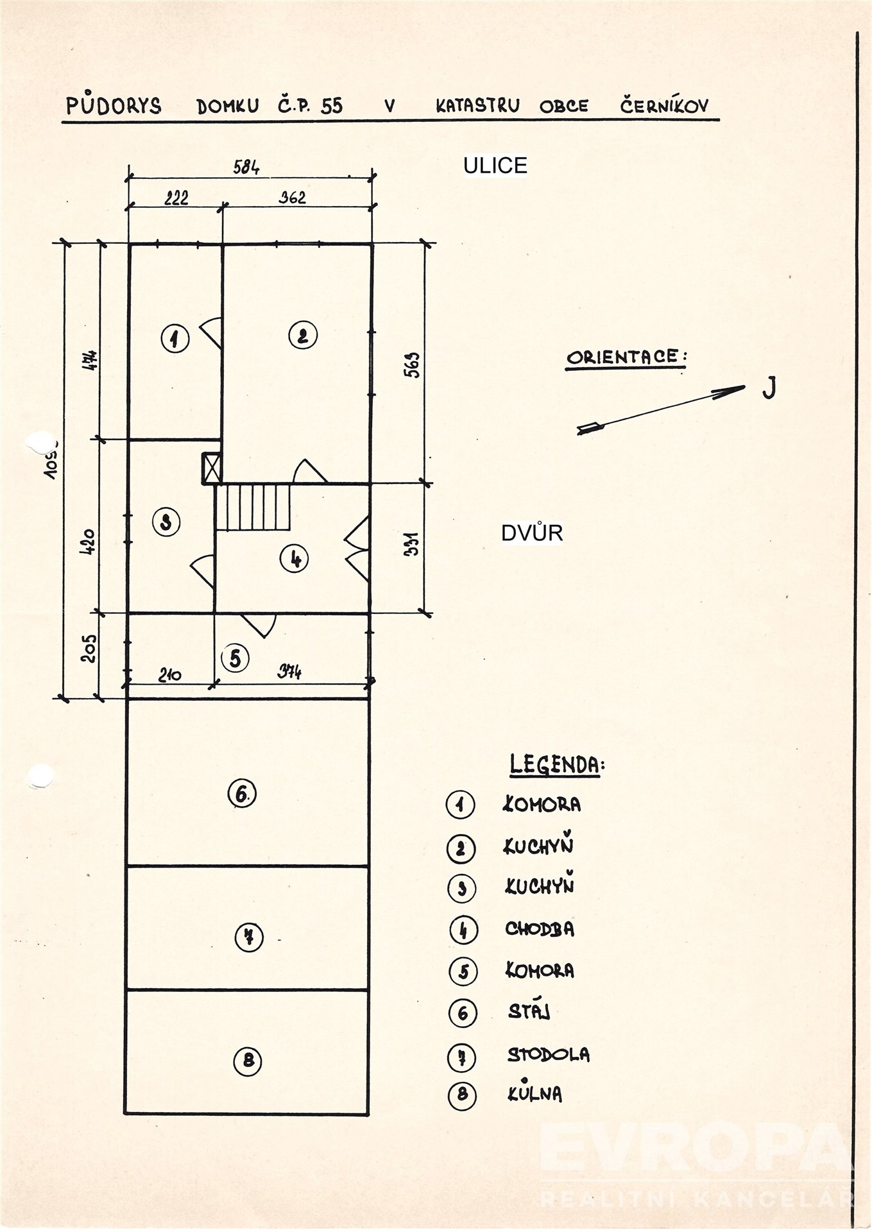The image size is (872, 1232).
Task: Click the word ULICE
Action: pyautogui.click(x=495, y=166)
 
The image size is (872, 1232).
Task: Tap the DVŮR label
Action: pyautogui.click(x=531, y=533)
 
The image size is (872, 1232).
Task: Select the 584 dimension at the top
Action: pyautogui.click(x=246, y=168)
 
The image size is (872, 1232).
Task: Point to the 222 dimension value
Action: pyautogui.click(x=176, y=198)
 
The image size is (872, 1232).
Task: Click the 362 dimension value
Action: pyautogui.click(x=292, y=198)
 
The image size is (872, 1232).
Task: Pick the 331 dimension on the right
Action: pyautogui.click(x=412, y=543)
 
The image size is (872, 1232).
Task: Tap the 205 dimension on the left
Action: pyautogui.click(x=89, y=648)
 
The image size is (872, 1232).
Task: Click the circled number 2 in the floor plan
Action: pyautogui.click(x=303, y=335)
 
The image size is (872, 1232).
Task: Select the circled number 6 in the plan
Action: pyautogui.click(x=242, y=794)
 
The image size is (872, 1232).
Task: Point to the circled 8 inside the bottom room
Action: pyautogui.click(x=248, y=1060)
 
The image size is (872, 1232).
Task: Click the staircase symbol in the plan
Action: pyautogui.click(x=253, y=508)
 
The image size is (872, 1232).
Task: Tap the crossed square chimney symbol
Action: pyautogui.click(x=212, y=468)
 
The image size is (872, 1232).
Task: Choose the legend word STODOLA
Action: pyautogui.click(x=548, y=1054)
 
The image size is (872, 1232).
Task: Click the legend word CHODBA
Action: pyautogui.click(x=540, y=929)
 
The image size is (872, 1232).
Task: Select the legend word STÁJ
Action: pyautogui.click(x=529, y=1012)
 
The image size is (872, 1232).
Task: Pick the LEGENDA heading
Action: pyautogui.click(x=557, y=765)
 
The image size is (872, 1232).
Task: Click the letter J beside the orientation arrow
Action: pyautogui.click(x=769, y=388)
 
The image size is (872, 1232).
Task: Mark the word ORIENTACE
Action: pyautogui.click(x=625, y=357)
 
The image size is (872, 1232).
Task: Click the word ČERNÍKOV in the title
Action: pyautogui.click(x=664, y=106)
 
